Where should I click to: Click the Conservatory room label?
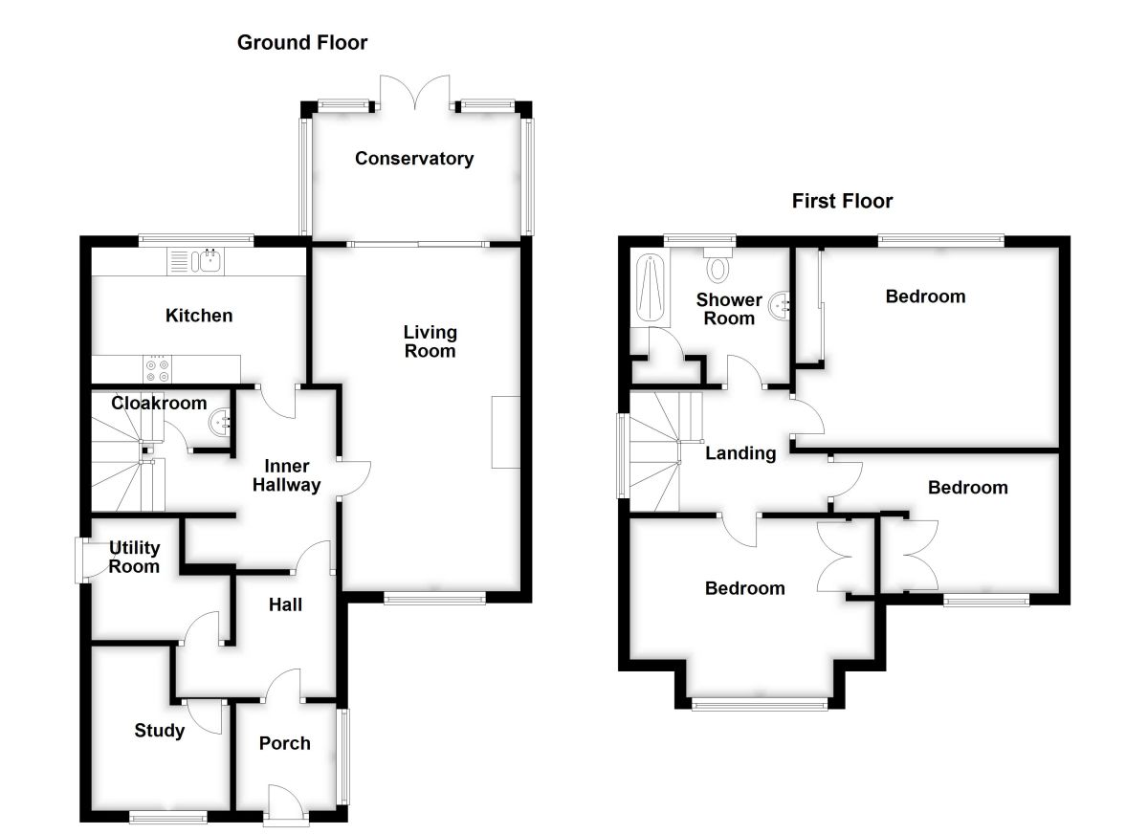coord(413,159)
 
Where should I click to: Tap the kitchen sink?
coord(195,261)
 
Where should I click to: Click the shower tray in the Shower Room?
coord(649,287)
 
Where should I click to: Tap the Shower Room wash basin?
coord(784,305)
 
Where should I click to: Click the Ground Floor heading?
coord(302,42)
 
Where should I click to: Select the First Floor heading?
coord(842,201)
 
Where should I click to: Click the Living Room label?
coord(430,341)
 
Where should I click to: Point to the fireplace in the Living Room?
coord(505,431)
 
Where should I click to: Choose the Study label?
coord(159,732)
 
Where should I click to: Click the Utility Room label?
coord(134,557)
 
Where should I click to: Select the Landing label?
coord(740,453)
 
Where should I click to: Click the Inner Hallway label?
coord(280,475)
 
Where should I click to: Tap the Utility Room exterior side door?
coord(86,560)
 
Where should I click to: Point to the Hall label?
coord(285,604)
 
